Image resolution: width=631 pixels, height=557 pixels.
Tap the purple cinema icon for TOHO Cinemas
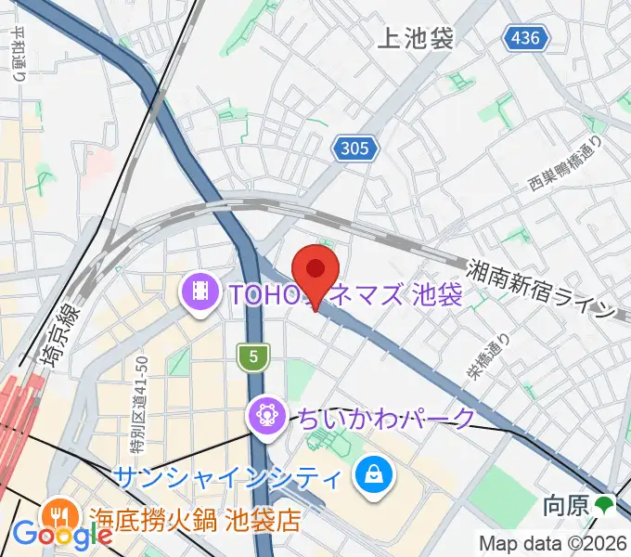200,294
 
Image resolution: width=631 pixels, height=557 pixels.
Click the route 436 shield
528,38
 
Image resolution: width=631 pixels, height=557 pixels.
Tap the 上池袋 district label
416,38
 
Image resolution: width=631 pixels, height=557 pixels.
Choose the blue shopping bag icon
373,479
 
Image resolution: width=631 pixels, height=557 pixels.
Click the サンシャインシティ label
226,479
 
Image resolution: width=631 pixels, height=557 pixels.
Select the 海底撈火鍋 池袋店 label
194,518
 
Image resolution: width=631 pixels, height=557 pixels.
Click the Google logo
63,535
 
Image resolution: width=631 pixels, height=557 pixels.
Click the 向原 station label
565,506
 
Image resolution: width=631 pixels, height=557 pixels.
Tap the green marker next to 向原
605,506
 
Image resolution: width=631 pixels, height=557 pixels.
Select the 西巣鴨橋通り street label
565,163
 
